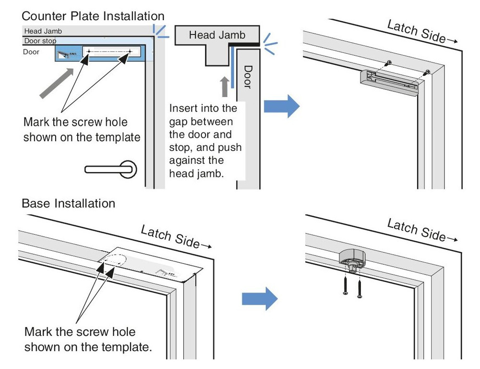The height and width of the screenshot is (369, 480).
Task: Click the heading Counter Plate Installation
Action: pyautogui.click(x=93, y=17)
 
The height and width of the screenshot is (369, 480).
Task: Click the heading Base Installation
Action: pyautogui.click(x=69, y=203)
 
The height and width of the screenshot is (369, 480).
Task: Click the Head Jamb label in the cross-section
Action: pyautogui.click(x=217, y=35)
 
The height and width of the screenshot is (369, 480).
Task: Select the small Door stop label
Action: pyautogui.click(x=40, y=41)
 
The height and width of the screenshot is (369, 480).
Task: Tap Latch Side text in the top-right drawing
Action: pyautogui.click(x=416, y=33)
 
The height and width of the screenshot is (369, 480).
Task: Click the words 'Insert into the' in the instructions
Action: pyautogui.click(x=203, y=108)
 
